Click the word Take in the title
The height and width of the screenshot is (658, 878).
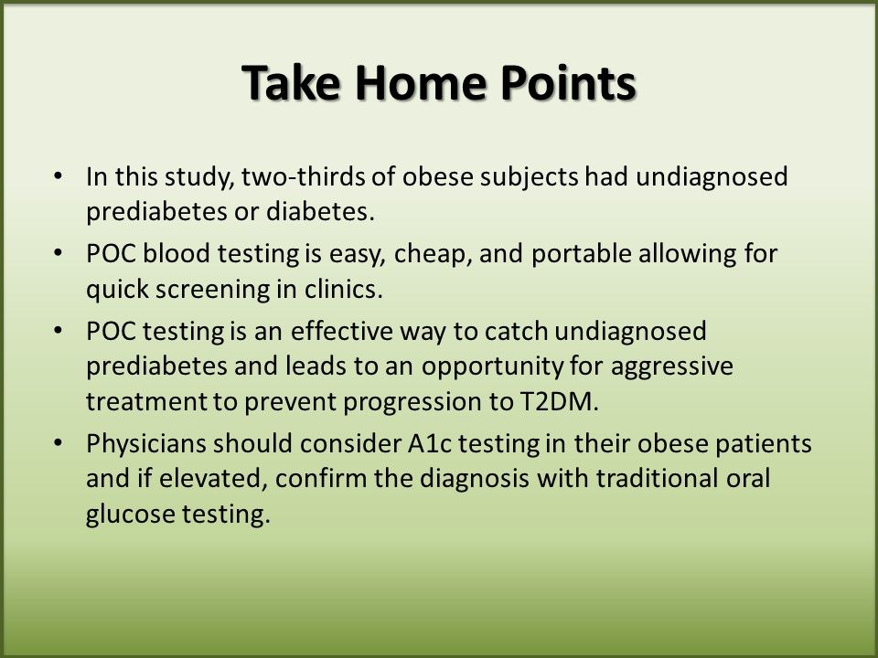tap(291, 82)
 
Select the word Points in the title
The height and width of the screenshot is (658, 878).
tap(568, 82)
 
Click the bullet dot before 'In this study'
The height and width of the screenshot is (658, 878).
tap(58, 175)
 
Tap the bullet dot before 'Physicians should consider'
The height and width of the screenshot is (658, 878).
tap(58, 443)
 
